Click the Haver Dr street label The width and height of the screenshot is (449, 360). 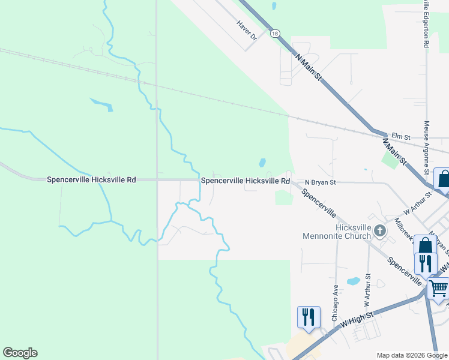246,30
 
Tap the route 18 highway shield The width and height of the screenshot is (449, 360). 274,34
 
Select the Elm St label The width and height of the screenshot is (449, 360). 400,137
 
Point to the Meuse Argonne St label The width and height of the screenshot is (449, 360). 427,148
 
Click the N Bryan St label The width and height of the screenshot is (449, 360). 320,182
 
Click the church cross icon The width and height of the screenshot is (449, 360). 379,230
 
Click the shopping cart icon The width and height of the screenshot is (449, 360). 438,288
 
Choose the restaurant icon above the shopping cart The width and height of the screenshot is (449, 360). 426,263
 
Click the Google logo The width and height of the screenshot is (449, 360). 20,353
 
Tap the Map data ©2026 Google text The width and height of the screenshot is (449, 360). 411,355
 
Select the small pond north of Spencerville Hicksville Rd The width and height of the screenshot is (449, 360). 262,163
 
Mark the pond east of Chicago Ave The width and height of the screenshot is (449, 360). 354,281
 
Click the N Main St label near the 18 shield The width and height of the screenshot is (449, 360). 309,66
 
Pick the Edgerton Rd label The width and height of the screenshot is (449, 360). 426,24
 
